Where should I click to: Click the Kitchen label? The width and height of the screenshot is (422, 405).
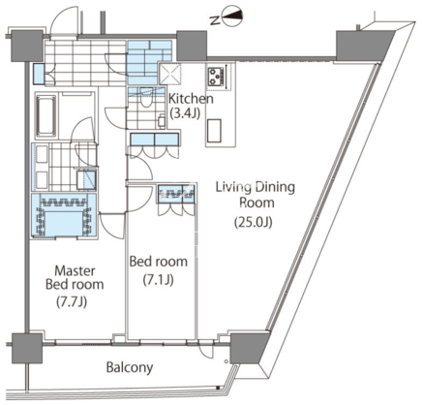pos(191,99)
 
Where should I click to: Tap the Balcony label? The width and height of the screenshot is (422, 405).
pos(130,367)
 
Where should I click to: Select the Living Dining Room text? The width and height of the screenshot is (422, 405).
pos(256,195)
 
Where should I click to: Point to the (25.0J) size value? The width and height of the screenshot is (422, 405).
pos(254,222)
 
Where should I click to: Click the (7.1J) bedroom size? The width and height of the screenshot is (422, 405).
pos(159,280)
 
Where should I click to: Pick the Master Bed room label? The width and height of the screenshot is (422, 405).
pos(75,277)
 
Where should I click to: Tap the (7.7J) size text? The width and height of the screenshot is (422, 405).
pos(72,302)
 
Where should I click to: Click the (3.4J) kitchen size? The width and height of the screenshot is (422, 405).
pos(185,113)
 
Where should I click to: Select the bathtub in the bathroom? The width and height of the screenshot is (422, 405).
pos(45,116)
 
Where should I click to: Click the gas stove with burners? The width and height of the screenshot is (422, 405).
pos(216,77)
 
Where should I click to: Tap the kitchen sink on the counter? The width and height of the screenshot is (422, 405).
pos(214,131)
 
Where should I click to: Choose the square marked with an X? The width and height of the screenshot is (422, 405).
pos(170,74)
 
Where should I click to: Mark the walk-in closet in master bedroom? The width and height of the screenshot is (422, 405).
pos(64,216)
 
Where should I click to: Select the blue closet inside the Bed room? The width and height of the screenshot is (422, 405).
pos(176,194)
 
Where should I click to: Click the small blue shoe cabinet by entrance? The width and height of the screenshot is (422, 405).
pos(39,75)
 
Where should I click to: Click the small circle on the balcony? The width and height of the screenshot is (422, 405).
pos(226,361)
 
